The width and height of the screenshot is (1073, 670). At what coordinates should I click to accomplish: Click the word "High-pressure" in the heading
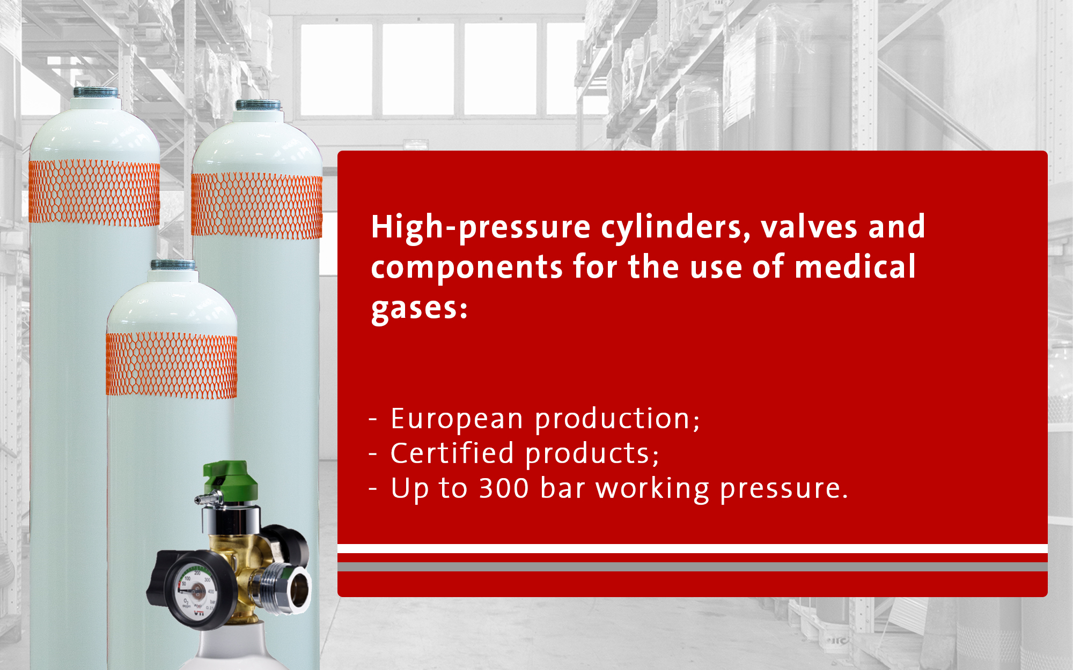481,228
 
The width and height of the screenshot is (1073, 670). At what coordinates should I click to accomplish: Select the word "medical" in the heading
855,267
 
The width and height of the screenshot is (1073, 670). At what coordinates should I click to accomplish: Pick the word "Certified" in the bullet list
452,453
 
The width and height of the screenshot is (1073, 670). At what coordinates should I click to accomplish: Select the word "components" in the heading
467,268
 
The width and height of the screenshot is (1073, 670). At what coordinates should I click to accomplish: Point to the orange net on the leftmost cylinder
94,192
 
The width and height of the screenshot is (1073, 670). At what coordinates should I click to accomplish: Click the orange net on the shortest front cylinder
172,365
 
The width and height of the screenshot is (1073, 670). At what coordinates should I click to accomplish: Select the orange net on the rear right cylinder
257,205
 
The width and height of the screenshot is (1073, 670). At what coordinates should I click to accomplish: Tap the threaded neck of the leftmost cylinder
96,92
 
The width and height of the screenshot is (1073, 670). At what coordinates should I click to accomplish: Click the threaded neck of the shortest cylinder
173,265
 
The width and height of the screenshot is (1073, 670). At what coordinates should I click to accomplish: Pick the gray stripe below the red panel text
693,567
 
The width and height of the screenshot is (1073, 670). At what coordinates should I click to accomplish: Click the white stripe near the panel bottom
693,548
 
